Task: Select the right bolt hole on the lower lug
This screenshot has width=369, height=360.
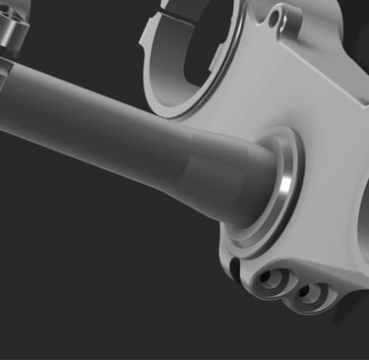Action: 312,294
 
